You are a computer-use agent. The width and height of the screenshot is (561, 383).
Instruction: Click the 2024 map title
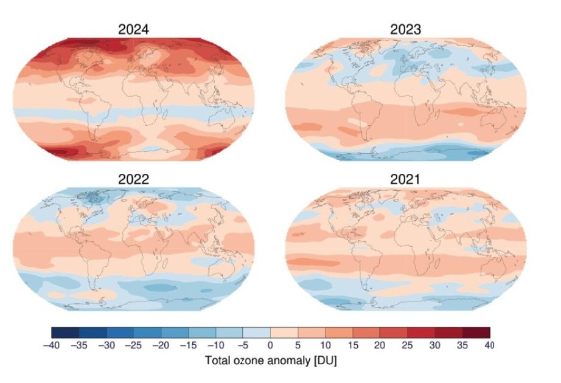(x=133, y=29)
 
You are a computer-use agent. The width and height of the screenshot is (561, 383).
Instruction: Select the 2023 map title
(x=406, y=29)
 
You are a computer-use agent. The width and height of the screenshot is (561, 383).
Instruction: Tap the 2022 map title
(x=133, y=179)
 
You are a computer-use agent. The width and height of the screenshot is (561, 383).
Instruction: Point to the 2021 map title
(x=406, y=179)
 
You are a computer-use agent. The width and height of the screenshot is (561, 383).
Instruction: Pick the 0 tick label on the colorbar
(x=271, y=345)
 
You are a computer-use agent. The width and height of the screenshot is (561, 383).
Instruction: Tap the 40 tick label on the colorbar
(x=489, y=345)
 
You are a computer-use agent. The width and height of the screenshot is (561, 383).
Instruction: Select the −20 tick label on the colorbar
(x=161, y=345)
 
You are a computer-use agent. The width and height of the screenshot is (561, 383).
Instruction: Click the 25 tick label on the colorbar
(x=408, y=345)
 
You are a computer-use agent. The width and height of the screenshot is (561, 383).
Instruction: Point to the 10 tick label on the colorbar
(x=326, y=345)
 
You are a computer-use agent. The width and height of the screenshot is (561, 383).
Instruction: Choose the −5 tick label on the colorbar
(x=243, y=345)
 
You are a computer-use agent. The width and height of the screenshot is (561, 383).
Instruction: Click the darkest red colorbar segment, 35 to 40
(x=476, y=333)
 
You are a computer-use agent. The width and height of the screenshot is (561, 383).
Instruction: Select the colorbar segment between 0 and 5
(x=284, y=333)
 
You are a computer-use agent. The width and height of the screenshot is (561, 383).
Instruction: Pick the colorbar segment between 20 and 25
(x=394, y=333)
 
